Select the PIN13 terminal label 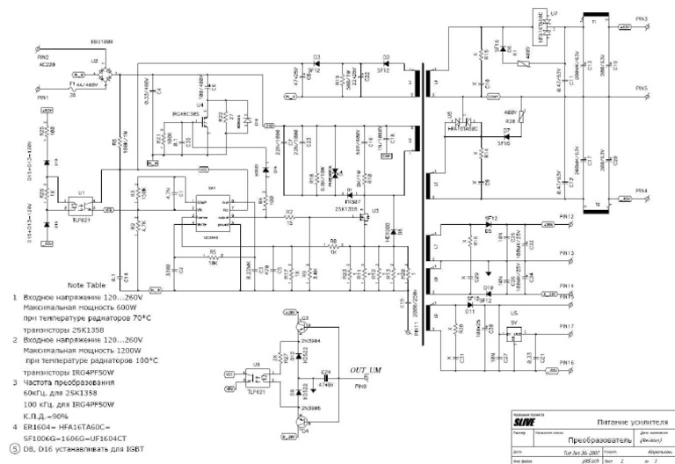click(x=567, y=252)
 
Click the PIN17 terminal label click(x=567, y=326)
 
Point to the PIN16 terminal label click(x=567, y=362)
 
